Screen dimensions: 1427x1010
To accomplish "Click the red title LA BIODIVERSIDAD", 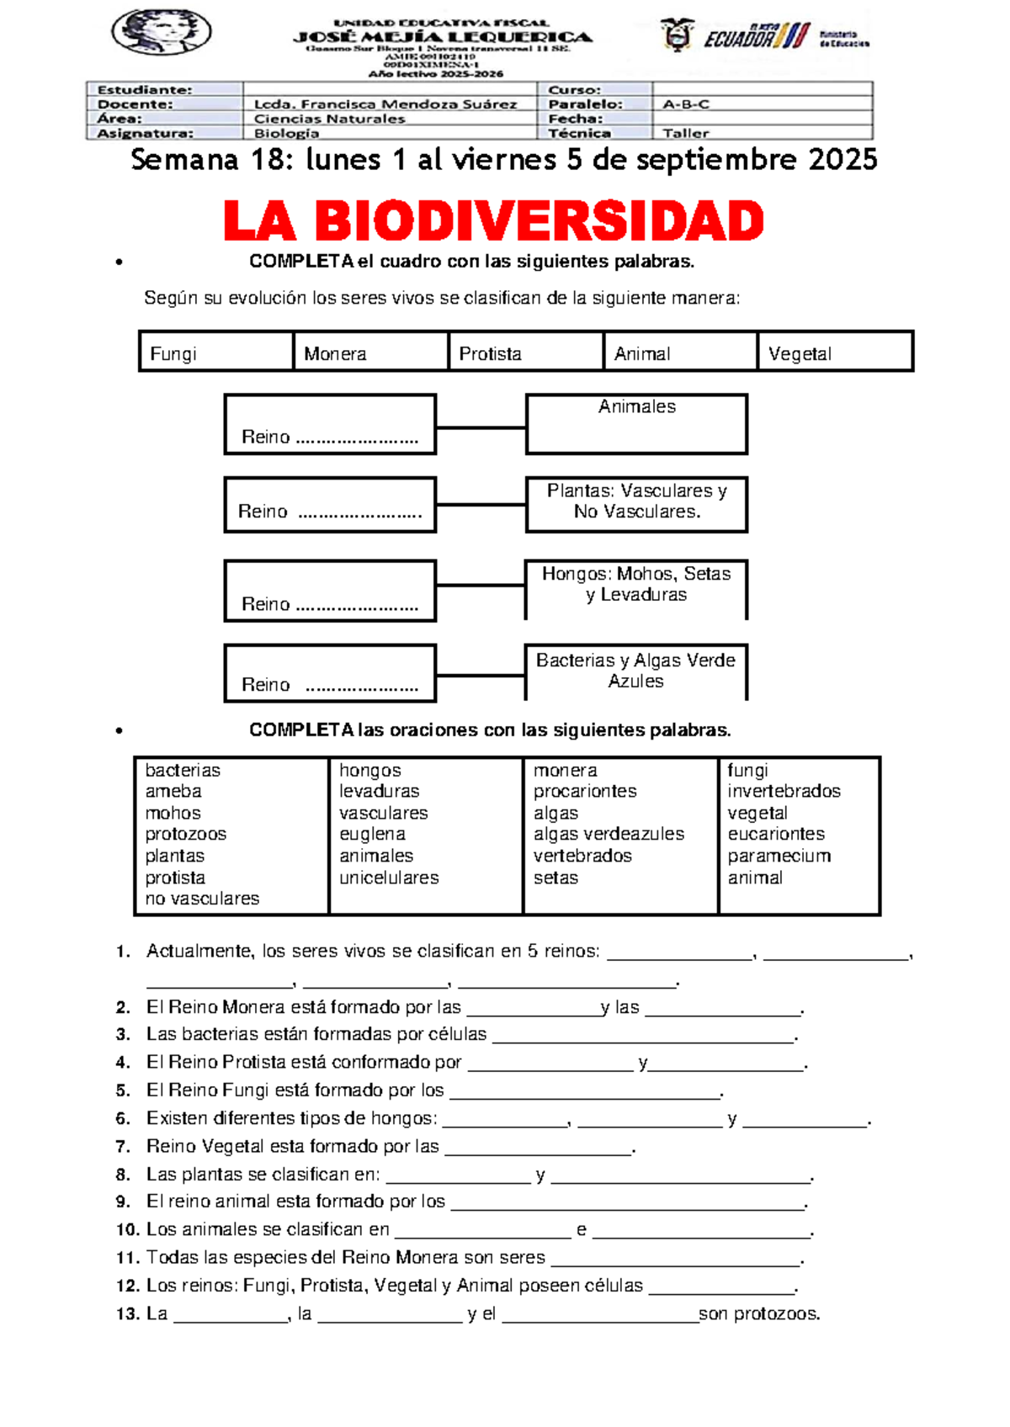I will pyautogui.click(x=493, y=221).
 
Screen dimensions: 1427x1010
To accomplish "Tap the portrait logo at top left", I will pyautogui.click(x=161, y=32).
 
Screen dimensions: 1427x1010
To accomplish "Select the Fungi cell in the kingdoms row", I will pyautogui.click(x=216, y=352).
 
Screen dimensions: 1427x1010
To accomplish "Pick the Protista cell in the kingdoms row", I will pyautogui.click(x=525, y=352).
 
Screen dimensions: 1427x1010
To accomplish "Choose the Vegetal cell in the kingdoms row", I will pyautogui.click(x=834, y=352).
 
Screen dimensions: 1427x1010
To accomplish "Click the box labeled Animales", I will pyautogui.click(x=636, y=423).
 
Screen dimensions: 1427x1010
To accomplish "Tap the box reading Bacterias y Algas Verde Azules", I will pyautogui.click(x=635, y=671).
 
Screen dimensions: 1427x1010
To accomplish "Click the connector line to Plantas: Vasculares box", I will pyautogui.click(x=481, y=505).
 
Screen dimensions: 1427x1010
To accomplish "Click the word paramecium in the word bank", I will pyautogui.click(x=779, y=856).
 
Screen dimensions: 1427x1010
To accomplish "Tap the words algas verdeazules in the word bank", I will pyautogui.click(x=609, y=834).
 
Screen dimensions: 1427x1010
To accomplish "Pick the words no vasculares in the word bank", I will pyautogui.click(x=202, y=899).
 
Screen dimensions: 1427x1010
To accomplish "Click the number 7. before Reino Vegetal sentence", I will pyautogui.click(x=123, y=1147).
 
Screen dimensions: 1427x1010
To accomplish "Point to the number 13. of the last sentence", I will pyautogui.click(x=127, y=1314).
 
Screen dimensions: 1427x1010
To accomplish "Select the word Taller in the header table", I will pyautogui.click(x=685, y=133).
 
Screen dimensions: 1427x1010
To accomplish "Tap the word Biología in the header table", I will pyautogui.click(x=286, y=133).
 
